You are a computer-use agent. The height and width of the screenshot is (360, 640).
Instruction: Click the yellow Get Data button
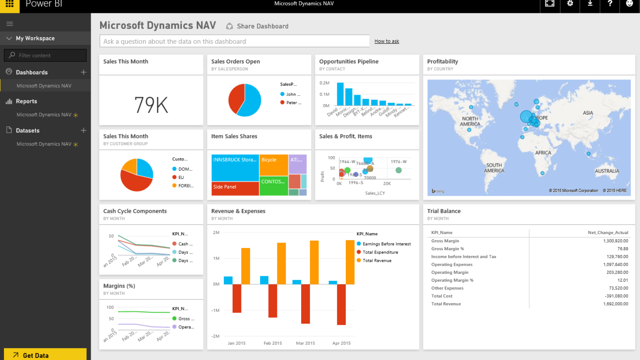45,355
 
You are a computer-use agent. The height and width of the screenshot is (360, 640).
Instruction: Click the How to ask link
387,41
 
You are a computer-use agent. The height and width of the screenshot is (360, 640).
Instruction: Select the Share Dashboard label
262,26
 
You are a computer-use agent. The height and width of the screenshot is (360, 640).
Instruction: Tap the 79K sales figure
151,105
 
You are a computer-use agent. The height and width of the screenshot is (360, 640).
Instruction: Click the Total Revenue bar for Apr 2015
350,262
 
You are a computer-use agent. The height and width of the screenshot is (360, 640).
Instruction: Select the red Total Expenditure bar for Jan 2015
237,298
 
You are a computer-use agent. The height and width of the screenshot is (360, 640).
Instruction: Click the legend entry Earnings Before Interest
387,244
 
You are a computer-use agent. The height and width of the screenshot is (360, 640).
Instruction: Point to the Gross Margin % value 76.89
622,249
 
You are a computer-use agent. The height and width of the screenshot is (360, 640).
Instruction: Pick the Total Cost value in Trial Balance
616,296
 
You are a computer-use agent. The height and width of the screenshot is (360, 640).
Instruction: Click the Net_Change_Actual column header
608,232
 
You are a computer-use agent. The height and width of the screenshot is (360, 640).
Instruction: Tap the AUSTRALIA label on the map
607,171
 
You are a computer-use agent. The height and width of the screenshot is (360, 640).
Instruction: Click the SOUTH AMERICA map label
494,168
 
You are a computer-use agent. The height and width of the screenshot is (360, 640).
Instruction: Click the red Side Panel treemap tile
235,188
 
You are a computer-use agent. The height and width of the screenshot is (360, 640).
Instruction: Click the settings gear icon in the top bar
570,4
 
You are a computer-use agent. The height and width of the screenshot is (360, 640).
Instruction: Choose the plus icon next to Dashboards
83,72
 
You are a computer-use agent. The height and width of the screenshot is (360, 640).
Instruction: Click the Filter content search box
45,55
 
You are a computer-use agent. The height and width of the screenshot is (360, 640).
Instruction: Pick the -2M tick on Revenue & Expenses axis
216,336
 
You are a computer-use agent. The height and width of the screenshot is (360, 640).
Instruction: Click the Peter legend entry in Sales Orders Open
293,103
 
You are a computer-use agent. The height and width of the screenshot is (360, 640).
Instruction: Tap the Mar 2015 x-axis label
305,343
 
